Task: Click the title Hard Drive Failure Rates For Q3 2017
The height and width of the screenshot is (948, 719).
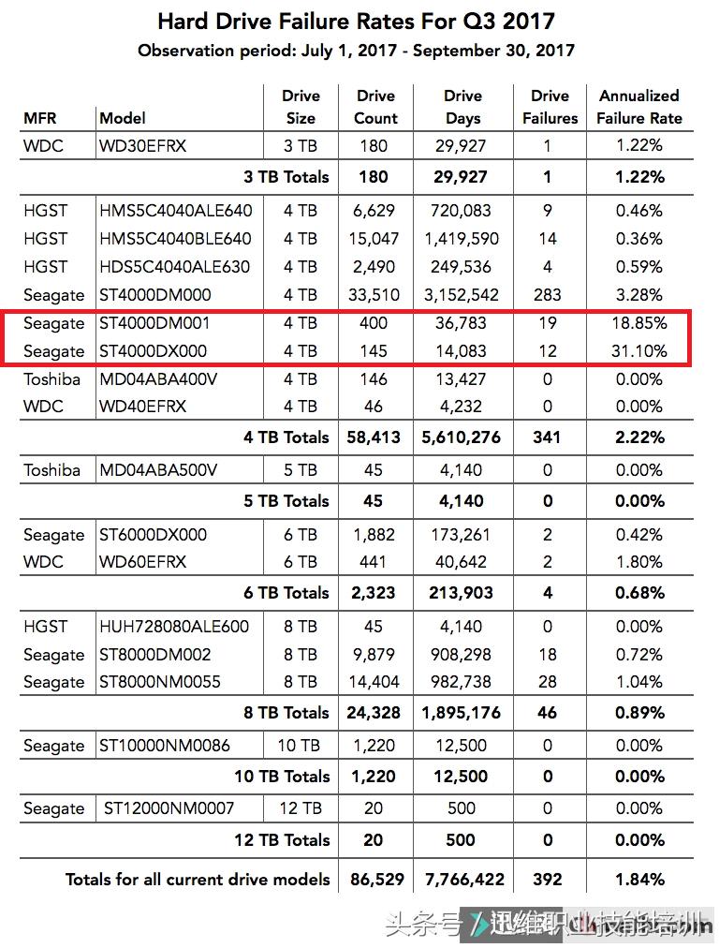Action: click(356, 21)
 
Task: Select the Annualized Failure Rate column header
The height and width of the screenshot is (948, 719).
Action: click(639, 107)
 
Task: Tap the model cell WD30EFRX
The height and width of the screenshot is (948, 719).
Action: click(142, 146)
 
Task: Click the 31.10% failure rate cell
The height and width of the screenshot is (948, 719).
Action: click(641, 351)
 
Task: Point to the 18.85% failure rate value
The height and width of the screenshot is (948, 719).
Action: click(641, 323)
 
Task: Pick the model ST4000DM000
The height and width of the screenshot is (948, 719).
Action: click(154, 295)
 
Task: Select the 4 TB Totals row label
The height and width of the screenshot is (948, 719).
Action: click(286, 437)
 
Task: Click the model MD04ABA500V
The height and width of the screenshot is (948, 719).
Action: click(158, 470)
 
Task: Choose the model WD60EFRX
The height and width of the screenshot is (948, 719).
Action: click(142, 562)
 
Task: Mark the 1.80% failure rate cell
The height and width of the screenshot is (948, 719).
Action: click(639, 562)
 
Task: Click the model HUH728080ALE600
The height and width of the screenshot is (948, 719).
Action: click(174, 627)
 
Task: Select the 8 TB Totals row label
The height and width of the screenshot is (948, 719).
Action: click(286, 713)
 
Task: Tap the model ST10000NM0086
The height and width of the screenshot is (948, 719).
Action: click(165, 746)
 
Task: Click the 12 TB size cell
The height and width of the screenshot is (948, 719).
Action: click(301, 808)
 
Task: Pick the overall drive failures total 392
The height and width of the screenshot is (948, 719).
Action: click(548, 880)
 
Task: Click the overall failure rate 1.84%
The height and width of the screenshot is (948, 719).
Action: click(639, 880)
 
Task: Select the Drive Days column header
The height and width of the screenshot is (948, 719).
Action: click(462, 107)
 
